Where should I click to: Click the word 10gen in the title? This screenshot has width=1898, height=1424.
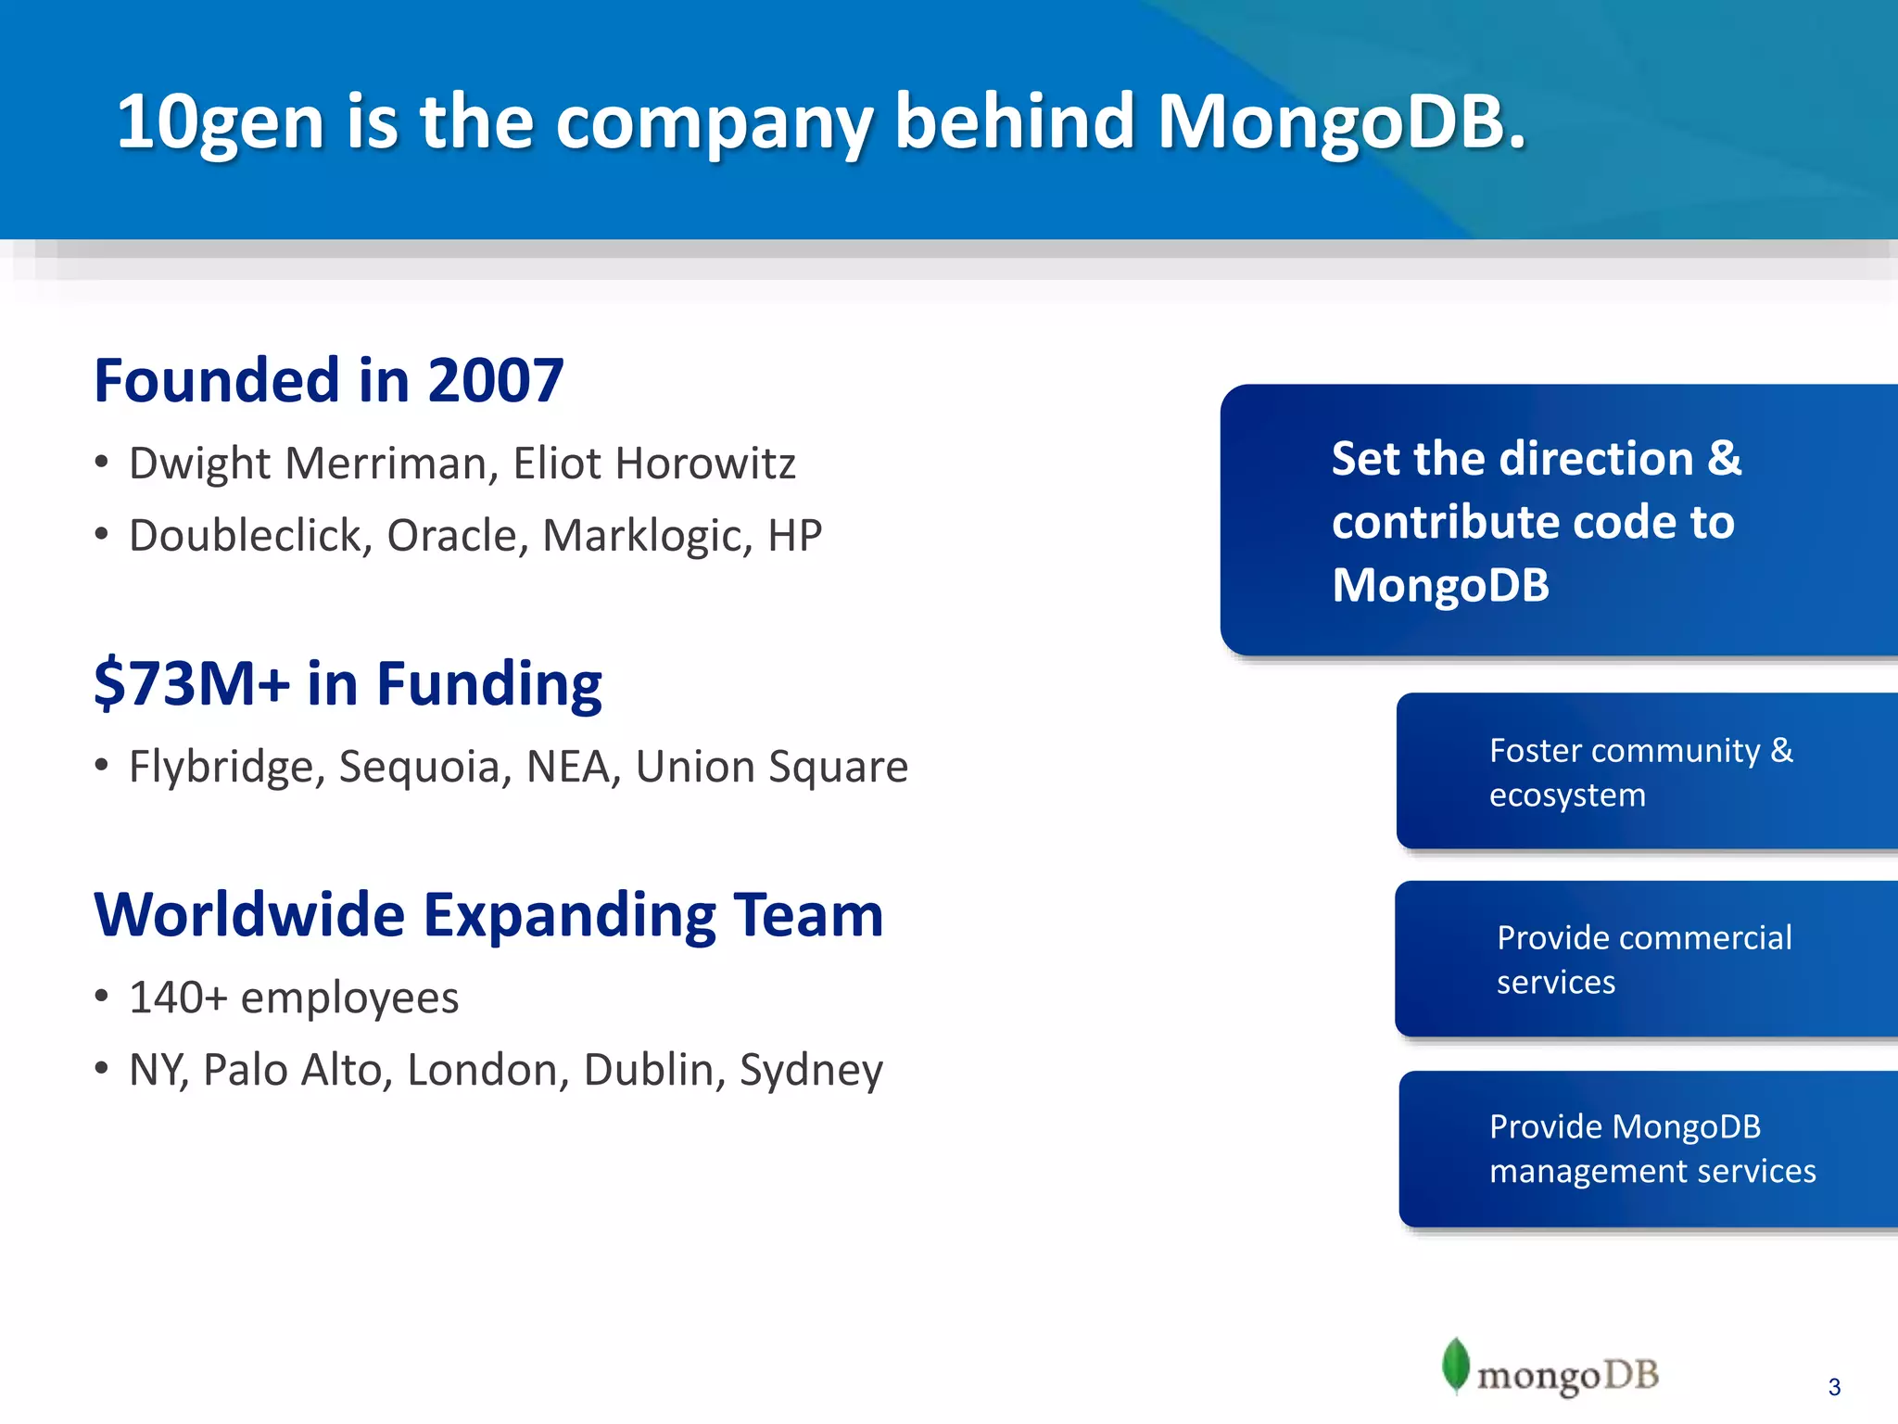point(220,122)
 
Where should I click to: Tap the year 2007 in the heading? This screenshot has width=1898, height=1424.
point(495,381)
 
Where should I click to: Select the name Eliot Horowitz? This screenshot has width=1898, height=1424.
point(654,464)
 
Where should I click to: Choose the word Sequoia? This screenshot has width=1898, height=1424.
point(419,767)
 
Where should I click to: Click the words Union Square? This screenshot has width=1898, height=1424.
point(771,767)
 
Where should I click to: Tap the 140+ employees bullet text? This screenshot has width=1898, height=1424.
point(294,998)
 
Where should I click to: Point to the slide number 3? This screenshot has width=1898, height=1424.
point(1834,1387)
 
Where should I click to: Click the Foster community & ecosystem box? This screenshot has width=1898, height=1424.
point(1646,771)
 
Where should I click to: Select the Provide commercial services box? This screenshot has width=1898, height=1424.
point(1646,960)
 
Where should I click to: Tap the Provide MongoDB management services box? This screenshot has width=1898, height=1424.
point(1650,1149)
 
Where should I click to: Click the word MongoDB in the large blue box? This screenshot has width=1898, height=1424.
point(1440,586)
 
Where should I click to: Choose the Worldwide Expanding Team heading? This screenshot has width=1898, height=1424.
point(488,915)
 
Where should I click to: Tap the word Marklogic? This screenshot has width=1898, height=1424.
point(646,536)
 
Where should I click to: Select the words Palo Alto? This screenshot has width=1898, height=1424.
point(292,1070)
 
